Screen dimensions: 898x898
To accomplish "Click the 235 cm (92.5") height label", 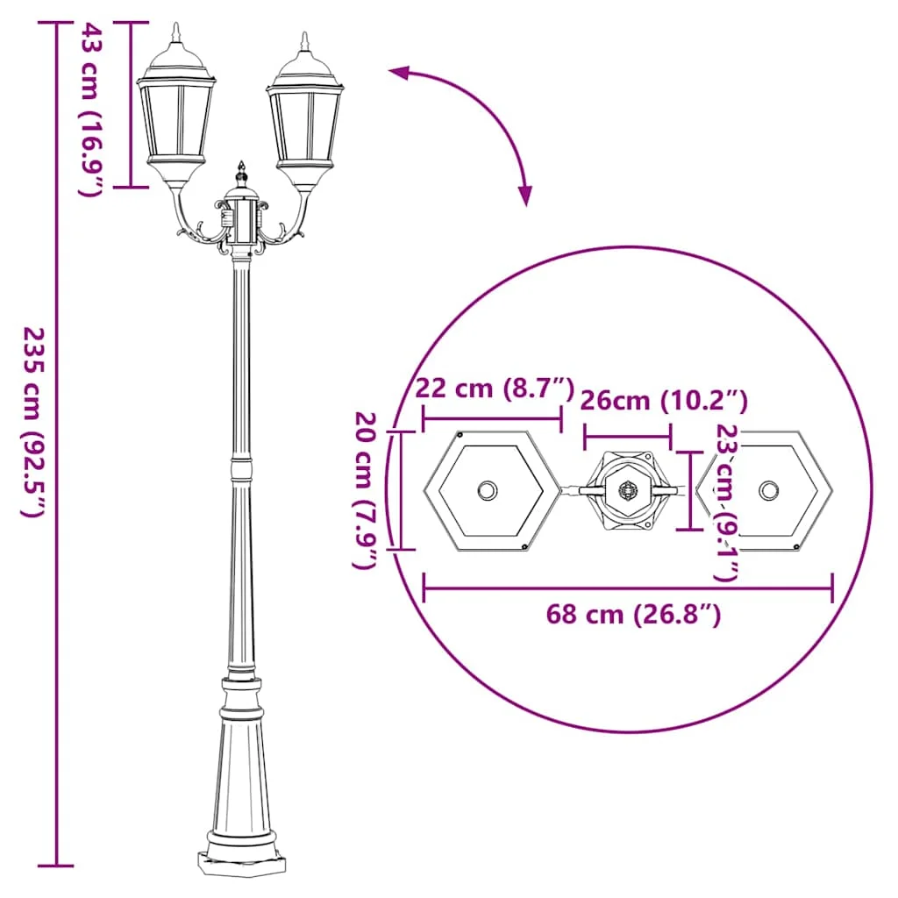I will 32,422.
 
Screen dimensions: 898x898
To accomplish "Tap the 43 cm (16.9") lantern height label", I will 92,109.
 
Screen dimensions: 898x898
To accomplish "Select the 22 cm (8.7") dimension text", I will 494,388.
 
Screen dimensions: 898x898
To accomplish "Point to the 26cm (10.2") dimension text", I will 663,402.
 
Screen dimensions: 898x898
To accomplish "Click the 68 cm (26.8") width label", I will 633,615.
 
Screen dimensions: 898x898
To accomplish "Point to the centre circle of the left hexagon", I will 487,490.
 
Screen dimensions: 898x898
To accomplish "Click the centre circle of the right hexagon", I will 769,489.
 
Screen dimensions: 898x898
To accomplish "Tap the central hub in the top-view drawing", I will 628,490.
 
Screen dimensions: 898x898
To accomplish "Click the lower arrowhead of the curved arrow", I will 524,195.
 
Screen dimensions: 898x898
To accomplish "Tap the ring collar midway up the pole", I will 240,468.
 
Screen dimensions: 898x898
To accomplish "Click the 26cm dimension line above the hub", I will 628,435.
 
